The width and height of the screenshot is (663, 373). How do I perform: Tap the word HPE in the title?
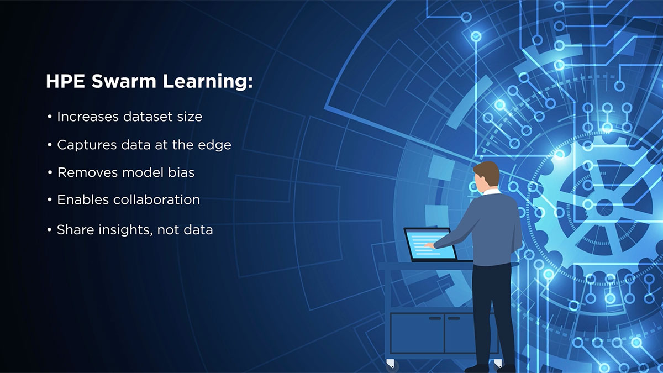[64, 82]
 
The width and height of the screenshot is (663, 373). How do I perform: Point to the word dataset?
[145, 117]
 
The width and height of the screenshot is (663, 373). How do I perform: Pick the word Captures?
[84, 145]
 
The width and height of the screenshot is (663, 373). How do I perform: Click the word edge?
[215, 145]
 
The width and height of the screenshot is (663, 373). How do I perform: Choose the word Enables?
[83, 200]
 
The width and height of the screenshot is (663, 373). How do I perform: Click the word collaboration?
[156, 200]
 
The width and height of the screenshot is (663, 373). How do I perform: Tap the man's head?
[487, 176]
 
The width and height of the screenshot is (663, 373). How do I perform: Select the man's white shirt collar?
[491, 192]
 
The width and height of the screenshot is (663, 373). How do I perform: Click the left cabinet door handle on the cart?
[435, 318]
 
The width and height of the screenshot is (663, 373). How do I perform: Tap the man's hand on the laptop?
[429, 245]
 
